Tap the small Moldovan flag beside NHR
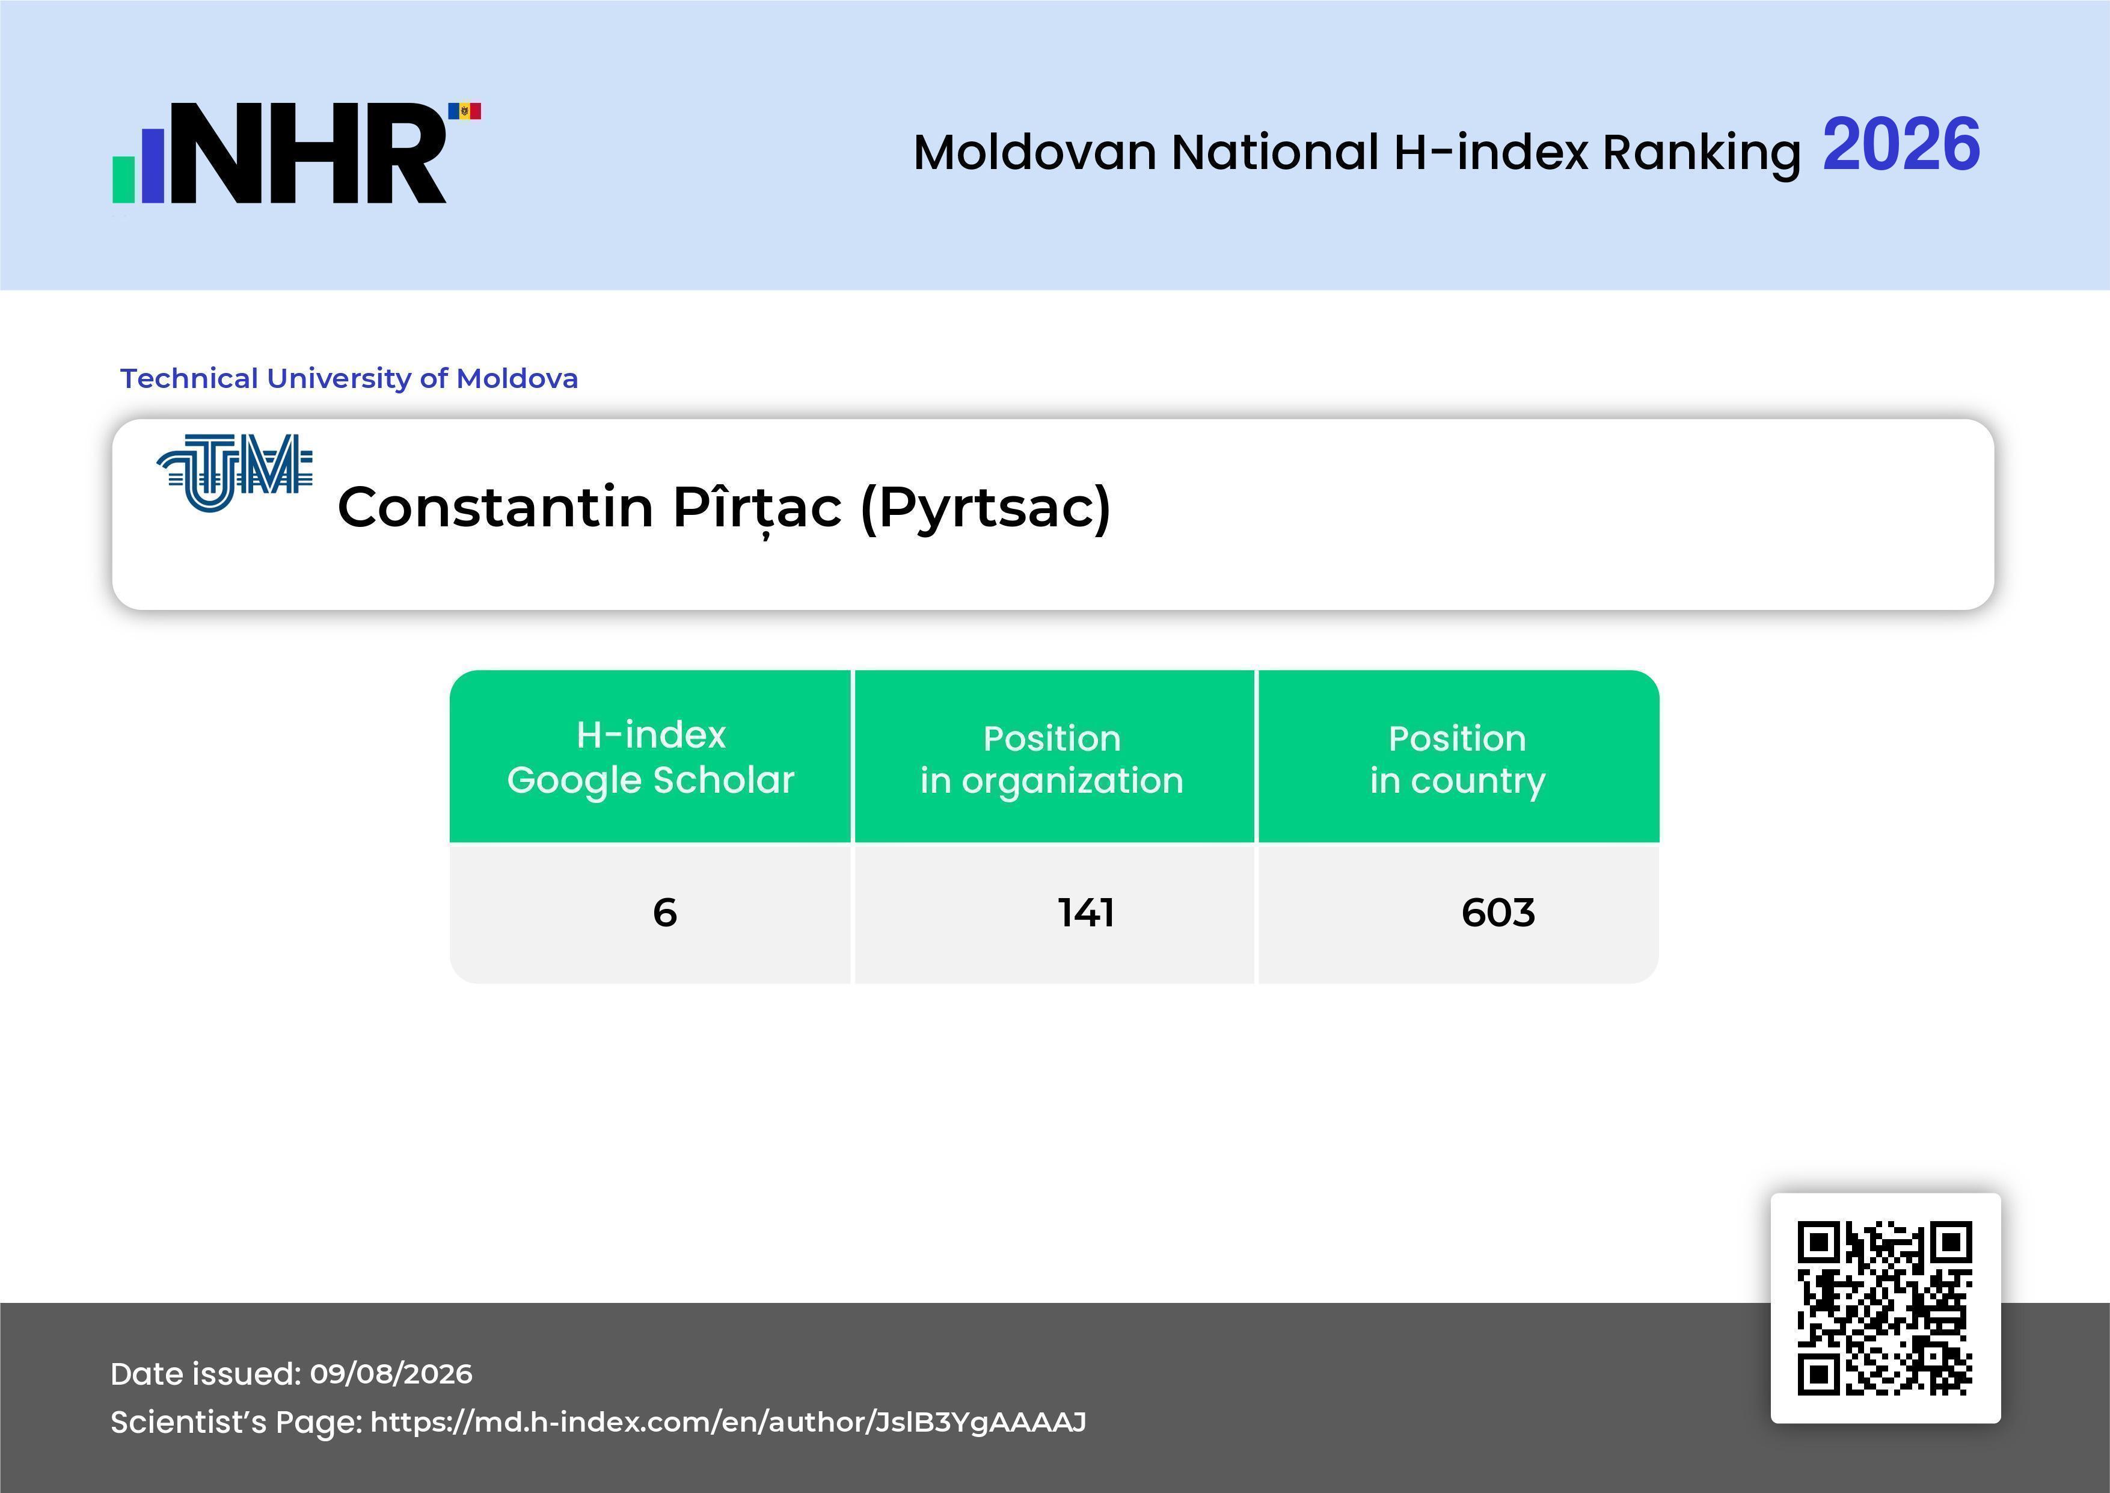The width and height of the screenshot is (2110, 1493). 464,111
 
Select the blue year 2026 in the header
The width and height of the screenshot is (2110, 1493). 1901,144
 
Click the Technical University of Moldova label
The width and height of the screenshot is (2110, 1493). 349,378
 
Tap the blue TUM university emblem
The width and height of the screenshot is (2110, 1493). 235,473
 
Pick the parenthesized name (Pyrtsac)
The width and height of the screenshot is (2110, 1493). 985,508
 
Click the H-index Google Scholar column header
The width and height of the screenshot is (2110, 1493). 651,757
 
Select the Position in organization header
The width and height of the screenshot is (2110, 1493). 1052,759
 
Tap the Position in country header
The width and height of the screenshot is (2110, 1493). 1458,759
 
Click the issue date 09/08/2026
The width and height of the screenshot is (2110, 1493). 391,1373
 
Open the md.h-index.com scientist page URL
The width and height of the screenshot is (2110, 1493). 728,1422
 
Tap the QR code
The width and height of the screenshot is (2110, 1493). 1885,1308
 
